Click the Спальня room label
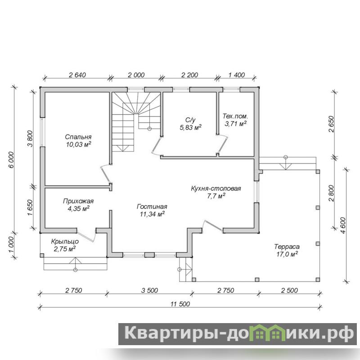(78, 137)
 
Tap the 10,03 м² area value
(79, 144)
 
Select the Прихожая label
(78, 201)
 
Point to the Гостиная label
(152, 207)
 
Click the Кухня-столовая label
(216, 189)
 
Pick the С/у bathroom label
(190, 120)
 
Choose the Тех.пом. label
(235, 116)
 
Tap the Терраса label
(287, 247)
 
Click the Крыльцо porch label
(65, 242)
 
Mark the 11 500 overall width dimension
(180, 304)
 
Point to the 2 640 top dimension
(77, 75)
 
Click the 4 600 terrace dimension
(343, 225)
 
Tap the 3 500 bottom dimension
(149, 290)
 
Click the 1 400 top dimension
(237, 75)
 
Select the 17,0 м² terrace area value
(287, 254)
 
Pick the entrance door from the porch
(87, 235)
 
